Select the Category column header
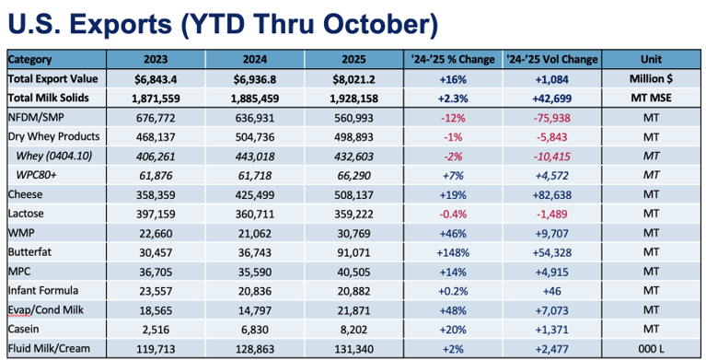(29, 60)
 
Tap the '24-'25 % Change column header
(453, 60)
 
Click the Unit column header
(651, 60)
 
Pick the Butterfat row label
(29, 252)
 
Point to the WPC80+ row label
(37, 175)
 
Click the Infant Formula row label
(43, 291)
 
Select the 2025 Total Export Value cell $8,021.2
(353, 79)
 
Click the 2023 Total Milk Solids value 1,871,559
(156, 99)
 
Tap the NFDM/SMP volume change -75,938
(552, 118)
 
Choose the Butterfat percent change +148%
(453, 253)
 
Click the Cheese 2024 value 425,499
(255, 195)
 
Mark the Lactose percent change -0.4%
(453, 214)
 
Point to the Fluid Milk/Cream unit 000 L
(651, 349)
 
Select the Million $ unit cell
(651, 79)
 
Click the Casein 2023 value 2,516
(156, 330)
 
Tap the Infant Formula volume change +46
(552, 291)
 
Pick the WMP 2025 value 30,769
(353, 233)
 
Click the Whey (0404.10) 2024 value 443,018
(255, 157)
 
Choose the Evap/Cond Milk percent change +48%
(453, 310)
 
